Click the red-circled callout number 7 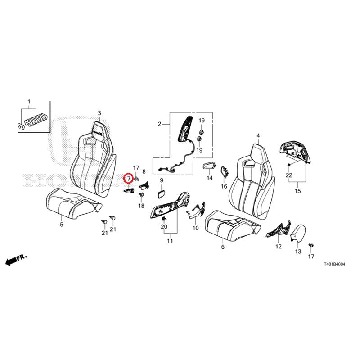click(x=129, y=178)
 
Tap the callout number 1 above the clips click(x=29, y=102)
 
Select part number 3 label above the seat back click(x=99, y=113)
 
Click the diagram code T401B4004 click(x=334, y=264)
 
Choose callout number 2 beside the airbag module click(x=160, y=124)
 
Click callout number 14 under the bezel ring click(x=210, y=178)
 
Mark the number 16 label click(x=224, y=186)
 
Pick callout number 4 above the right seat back click(x=258, y=136)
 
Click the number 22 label click(x=289, y=175)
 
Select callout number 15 click(x=297, y=191)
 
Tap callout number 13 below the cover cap click(x=298, y=252)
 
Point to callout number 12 click(x=279, y=247)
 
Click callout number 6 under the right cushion click(x=223, y=247)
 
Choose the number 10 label click(x=196, y=228)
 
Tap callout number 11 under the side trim click(x=170, y=241)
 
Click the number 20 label click(x=164, y=227)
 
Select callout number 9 click(x=162, y=180)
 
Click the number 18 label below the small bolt click(x=141, y=206)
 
